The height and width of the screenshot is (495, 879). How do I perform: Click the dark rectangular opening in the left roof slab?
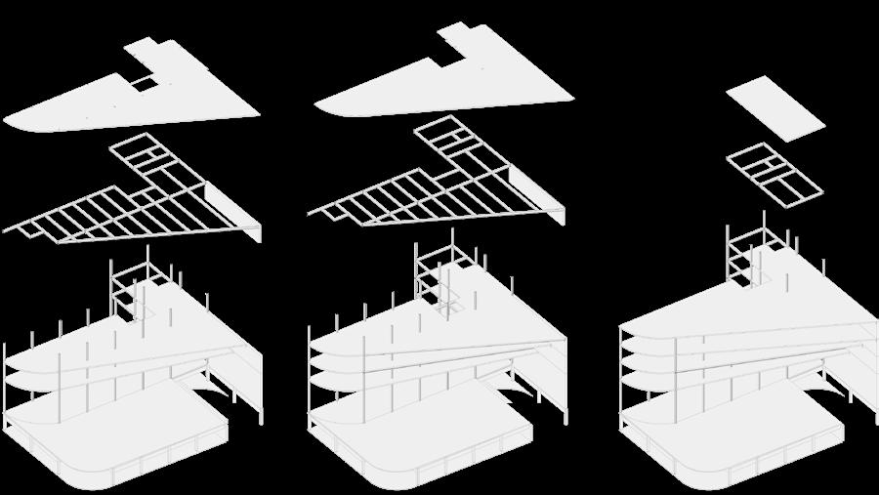click(x=143, y=84)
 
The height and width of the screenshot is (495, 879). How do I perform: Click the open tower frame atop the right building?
click(x=746, y=256)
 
